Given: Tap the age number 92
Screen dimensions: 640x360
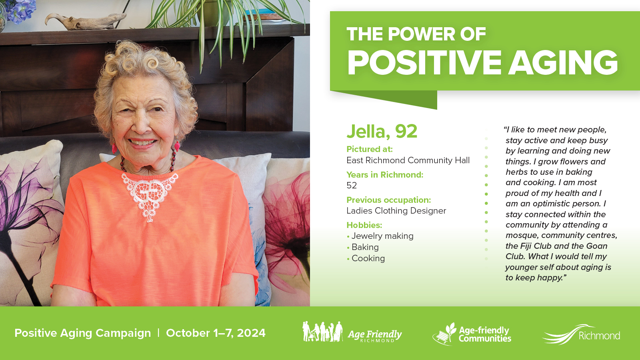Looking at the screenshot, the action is pyautogui.click(x=406, y=131).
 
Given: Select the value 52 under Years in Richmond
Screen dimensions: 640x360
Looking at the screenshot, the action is pyautogui.click(x=352, y=186).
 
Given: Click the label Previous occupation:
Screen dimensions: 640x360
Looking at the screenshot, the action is pyautogui.click(x=388, y=200).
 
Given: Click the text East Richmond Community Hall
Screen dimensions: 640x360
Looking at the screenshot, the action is pyautogui.click(x=408, y=160).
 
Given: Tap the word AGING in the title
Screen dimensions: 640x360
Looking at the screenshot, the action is pyautogui.click(x=563, y=62).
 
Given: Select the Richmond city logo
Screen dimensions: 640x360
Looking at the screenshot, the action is pyautogui.click(x=581, y=334).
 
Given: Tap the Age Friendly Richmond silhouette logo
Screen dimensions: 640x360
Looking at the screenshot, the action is pyautogui.click(x=352, y=332).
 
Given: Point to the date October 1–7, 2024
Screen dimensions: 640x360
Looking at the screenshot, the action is pyautogui.click(x=216, y=333).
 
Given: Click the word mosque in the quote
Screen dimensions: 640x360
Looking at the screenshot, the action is pyautogui.click(x=522, y=236).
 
